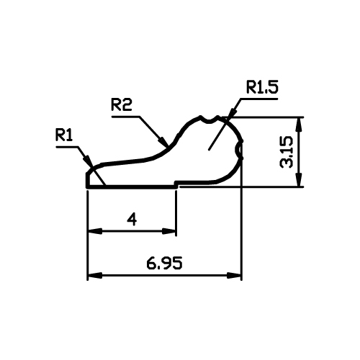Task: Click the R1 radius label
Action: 64,135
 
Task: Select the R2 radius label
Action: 122,105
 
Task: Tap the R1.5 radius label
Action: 262,88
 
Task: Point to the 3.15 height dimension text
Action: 287,152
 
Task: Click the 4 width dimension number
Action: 132,220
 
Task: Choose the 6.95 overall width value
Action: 164,263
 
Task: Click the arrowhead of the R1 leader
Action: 88,161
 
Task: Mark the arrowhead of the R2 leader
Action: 163,141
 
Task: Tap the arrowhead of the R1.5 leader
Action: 233,113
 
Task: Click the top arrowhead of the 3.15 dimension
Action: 298,124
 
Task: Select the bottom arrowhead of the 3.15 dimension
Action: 298,180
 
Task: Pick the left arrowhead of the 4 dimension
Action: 95,231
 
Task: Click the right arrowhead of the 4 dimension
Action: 169,231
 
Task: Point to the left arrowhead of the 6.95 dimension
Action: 95,275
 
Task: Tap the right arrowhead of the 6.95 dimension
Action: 234,275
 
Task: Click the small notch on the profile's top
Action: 210,120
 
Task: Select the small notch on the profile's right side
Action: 238,150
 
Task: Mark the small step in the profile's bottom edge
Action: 176,184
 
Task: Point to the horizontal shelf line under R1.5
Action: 196,181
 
